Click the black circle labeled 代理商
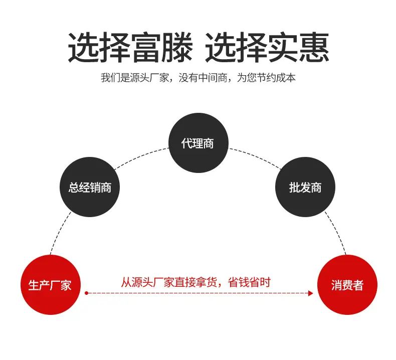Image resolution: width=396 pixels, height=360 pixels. tap(199, 143)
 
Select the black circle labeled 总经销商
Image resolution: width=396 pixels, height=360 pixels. tap(90, 187)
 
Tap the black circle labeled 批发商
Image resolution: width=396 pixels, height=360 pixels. tap(305, 187)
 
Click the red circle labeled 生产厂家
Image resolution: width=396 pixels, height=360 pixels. tap(51, 285)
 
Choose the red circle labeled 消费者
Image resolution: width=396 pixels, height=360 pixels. tap(347, 285)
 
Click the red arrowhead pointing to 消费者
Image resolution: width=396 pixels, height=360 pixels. tap(311, 293)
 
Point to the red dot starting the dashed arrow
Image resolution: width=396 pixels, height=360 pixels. tap(86, 293)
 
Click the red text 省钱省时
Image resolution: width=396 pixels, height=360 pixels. tap(249, 282)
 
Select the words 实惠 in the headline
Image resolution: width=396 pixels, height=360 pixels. tap(298, 47)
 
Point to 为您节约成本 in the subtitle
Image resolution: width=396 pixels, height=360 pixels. tap(266, 78)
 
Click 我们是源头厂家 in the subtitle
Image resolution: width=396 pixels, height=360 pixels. tap(135, 78)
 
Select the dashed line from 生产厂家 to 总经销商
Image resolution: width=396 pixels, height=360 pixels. tap(60, 233)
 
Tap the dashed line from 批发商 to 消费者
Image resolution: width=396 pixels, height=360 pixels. tap(336, 233)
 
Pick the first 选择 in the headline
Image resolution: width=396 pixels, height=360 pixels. tap(99, 47)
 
